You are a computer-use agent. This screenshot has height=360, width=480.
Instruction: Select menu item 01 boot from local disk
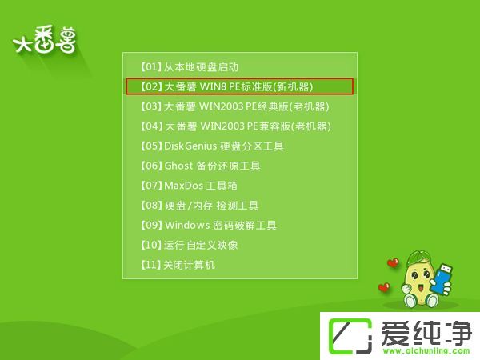pos(190,67)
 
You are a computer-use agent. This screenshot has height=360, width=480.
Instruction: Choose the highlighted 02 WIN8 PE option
pos(238,86)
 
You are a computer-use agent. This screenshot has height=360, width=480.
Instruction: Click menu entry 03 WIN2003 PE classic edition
pos(235,106)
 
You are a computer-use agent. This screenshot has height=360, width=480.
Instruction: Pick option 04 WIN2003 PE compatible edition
pos(235,126)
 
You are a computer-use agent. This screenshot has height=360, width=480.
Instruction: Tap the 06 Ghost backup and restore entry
pos(201,166)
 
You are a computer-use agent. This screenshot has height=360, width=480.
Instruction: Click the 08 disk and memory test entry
pos(199,206)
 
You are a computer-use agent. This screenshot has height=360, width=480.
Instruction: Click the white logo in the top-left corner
pos(46,42)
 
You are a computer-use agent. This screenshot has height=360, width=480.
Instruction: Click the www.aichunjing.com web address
pos(426,350)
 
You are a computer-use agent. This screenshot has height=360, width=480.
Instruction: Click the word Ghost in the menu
pos(178,166)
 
